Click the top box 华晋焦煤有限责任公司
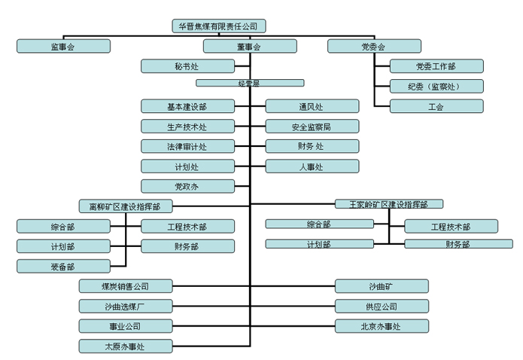tap(218, 26)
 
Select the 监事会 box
tap(63, 46)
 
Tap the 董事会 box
tap(251, 46)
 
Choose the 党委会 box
tap(373, 46)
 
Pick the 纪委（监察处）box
tap(436, 86)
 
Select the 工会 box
tap(436, 106)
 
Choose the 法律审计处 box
tap(187, 146)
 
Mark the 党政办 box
tap(187, 186)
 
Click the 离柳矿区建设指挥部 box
tap(125, 206)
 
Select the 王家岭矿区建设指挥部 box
tap(389, 204)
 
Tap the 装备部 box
tap(63, 266)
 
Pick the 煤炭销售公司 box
tap(126, 286)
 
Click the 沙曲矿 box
tap(383, 286)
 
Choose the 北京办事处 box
tap(383, 326)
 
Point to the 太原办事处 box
tap(126, 346)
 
